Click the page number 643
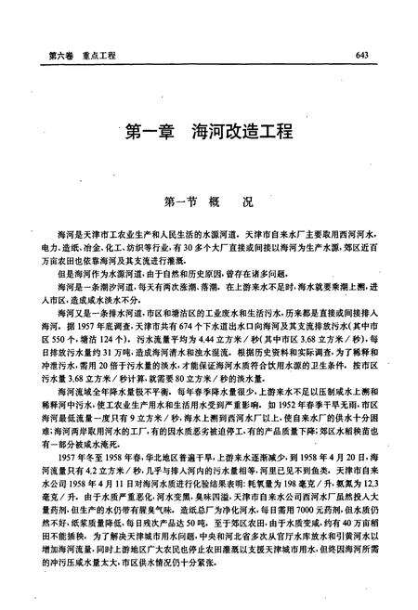pos(363,56)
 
